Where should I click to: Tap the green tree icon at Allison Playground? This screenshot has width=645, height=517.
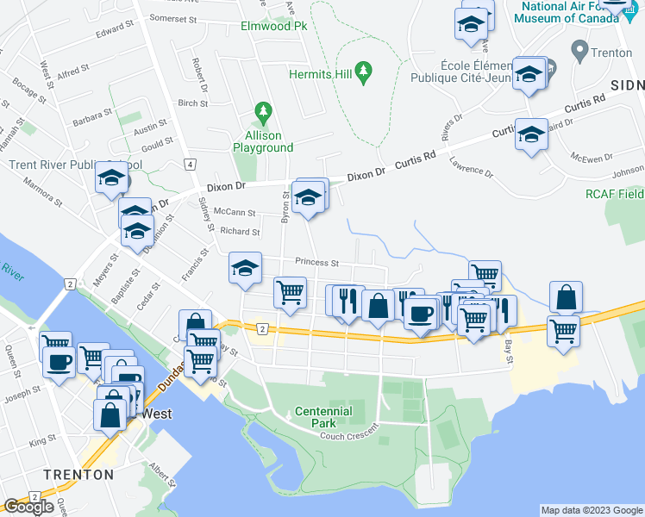tap(263, 112)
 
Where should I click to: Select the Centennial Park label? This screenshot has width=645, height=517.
tap(323, 411)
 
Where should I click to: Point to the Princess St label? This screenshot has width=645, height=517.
tap(314, 262)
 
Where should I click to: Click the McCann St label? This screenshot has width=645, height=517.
tap(235, 212)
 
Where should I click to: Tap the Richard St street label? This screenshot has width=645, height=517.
tap(240, 231)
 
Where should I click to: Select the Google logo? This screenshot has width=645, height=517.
tap(29, 507)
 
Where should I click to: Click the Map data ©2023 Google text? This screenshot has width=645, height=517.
tap(591, 510)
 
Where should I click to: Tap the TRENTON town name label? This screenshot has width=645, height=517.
tap(78, 474)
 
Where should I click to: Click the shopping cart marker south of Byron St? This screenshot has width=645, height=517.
tap(291, 292)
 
